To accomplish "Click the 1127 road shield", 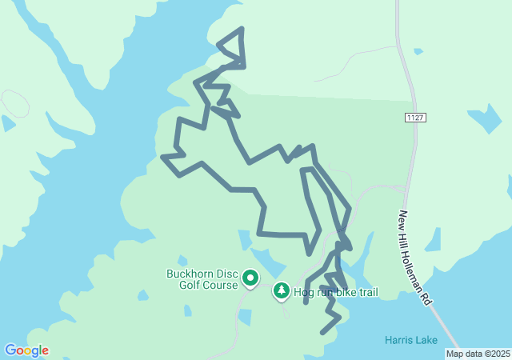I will click(414, 118).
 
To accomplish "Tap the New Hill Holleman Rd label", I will click(415, 257).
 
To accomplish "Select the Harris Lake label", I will click(410, 340).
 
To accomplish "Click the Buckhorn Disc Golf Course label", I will click(202, 278).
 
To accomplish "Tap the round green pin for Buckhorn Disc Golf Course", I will click(250, 278).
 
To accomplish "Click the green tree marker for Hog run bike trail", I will click(281, 291).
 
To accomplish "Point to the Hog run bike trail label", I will click(336, 292).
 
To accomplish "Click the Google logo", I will click(26, 350).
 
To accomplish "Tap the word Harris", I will click(398, 340).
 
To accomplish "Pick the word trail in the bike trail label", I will click(366, 292).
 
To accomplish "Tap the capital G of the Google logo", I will click(10, 350).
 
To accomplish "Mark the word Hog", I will click(303, 293).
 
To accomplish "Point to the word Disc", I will click(226, 273).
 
